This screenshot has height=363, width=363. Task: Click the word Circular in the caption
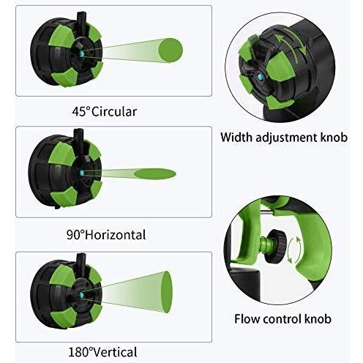[x=114, y=112]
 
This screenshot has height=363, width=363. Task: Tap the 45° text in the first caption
[x=81, y=112]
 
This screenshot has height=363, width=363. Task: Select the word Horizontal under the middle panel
[x=116, y=235]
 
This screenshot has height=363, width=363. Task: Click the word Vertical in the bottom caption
[x=116, y=352]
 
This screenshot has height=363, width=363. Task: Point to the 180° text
[x=81, y=352]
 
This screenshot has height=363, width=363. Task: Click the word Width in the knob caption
[x=236, y=137]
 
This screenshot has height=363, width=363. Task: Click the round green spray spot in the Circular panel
[x=171, y=50]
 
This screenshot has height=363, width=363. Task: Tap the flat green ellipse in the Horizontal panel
[x=155, y=173]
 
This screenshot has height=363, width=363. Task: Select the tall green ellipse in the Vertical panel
[x=167, y=292]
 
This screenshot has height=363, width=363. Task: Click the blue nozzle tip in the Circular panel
[x=81, y=54]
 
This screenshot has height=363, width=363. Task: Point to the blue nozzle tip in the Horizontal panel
[x=82, y=173]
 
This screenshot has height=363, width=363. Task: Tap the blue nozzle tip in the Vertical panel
[x=81, y=295]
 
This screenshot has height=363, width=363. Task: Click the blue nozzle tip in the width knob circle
[x=260, y=77]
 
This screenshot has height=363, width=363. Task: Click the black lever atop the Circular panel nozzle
[x=81, y=20]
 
